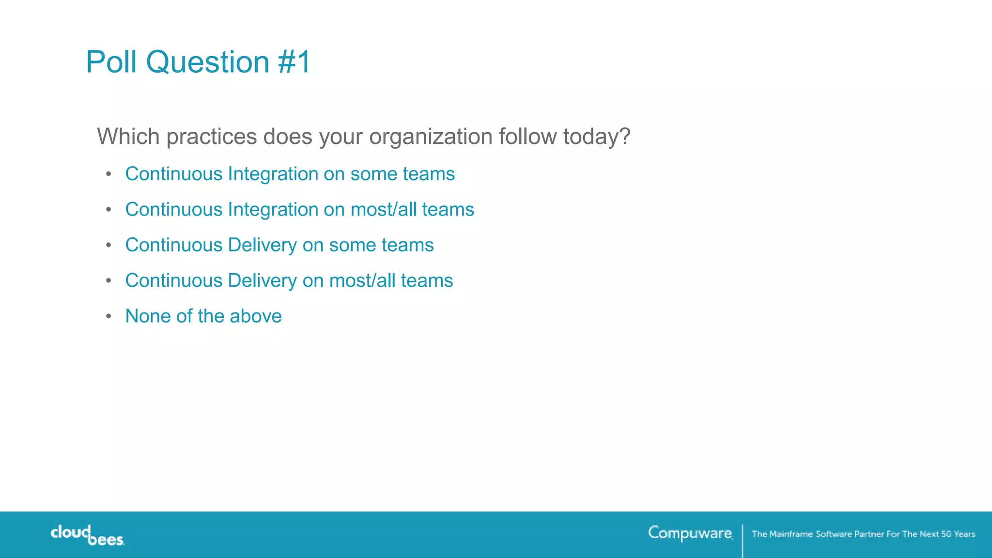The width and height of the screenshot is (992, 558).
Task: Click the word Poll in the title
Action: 111,62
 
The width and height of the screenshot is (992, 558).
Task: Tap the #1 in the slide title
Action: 294,62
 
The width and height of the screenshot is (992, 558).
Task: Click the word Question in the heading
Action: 207,63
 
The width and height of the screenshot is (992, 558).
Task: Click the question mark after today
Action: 624,136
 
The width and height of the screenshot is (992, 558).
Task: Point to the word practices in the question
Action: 212,137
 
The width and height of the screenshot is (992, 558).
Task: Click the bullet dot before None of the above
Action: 109,316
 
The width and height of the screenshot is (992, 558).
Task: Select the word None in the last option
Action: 148,316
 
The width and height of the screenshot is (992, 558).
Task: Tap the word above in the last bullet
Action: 255,316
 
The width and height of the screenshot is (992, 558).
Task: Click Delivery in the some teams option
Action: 262,246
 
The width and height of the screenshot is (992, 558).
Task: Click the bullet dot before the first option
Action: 109,174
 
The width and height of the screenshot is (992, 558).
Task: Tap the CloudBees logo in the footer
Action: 87,535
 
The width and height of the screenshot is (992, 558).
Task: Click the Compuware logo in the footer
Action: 690,533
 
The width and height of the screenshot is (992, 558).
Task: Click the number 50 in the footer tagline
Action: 946,534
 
